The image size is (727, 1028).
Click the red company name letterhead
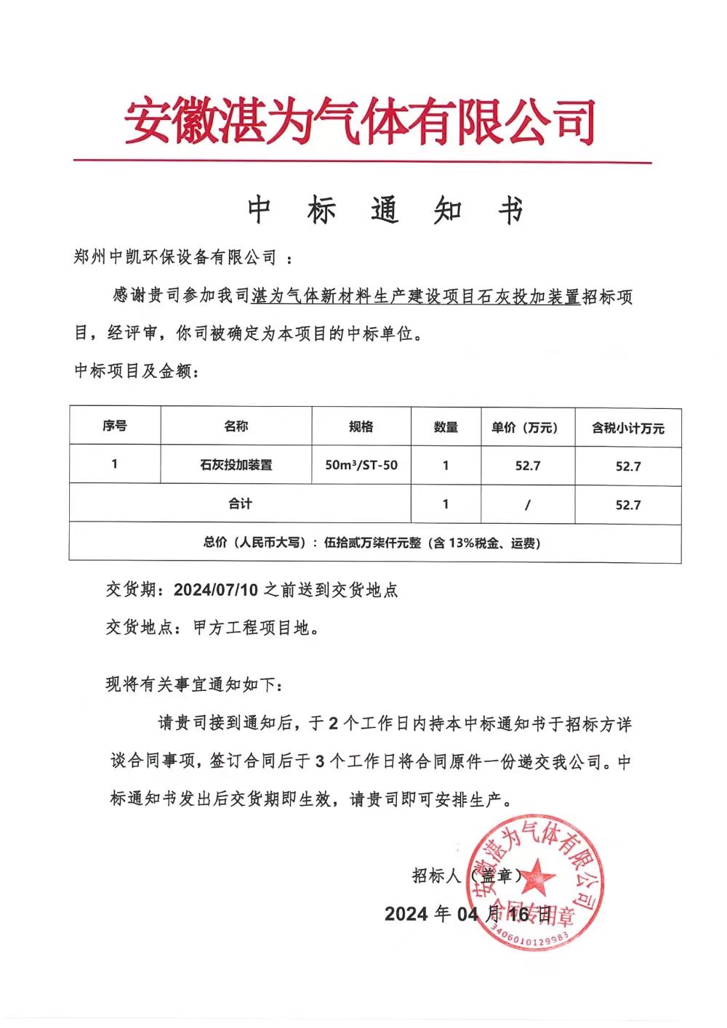[x=361, y=121]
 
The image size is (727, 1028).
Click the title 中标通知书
[x=385, y=211]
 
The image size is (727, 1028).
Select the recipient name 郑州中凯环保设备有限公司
[x=175, y=256]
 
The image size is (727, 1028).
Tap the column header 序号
[x=114, y=426]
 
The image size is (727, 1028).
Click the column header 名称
[x=236, y=426]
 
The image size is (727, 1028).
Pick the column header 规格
[x=361, y=426]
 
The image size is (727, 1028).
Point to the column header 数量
[x=446, y=427]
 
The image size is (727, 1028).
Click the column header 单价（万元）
[x=527, y=427]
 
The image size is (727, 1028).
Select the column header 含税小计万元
[x=628, y=428]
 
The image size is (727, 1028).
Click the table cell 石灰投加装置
[x=236, y=465]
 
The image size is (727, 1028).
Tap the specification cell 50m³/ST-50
[x=361, y=465]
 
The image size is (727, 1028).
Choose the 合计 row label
[x=240, y=503]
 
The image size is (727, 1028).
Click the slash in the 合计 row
[x=527, y=505]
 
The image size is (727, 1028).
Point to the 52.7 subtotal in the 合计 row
[x=628, y=505]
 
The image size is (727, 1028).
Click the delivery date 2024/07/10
[x=216, y=590]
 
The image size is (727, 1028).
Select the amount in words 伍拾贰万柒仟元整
[x=372, y=543]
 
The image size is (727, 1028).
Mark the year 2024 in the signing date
[x=406, y=913]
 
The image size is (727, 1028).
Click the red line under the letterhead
[x=361, y=161]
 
